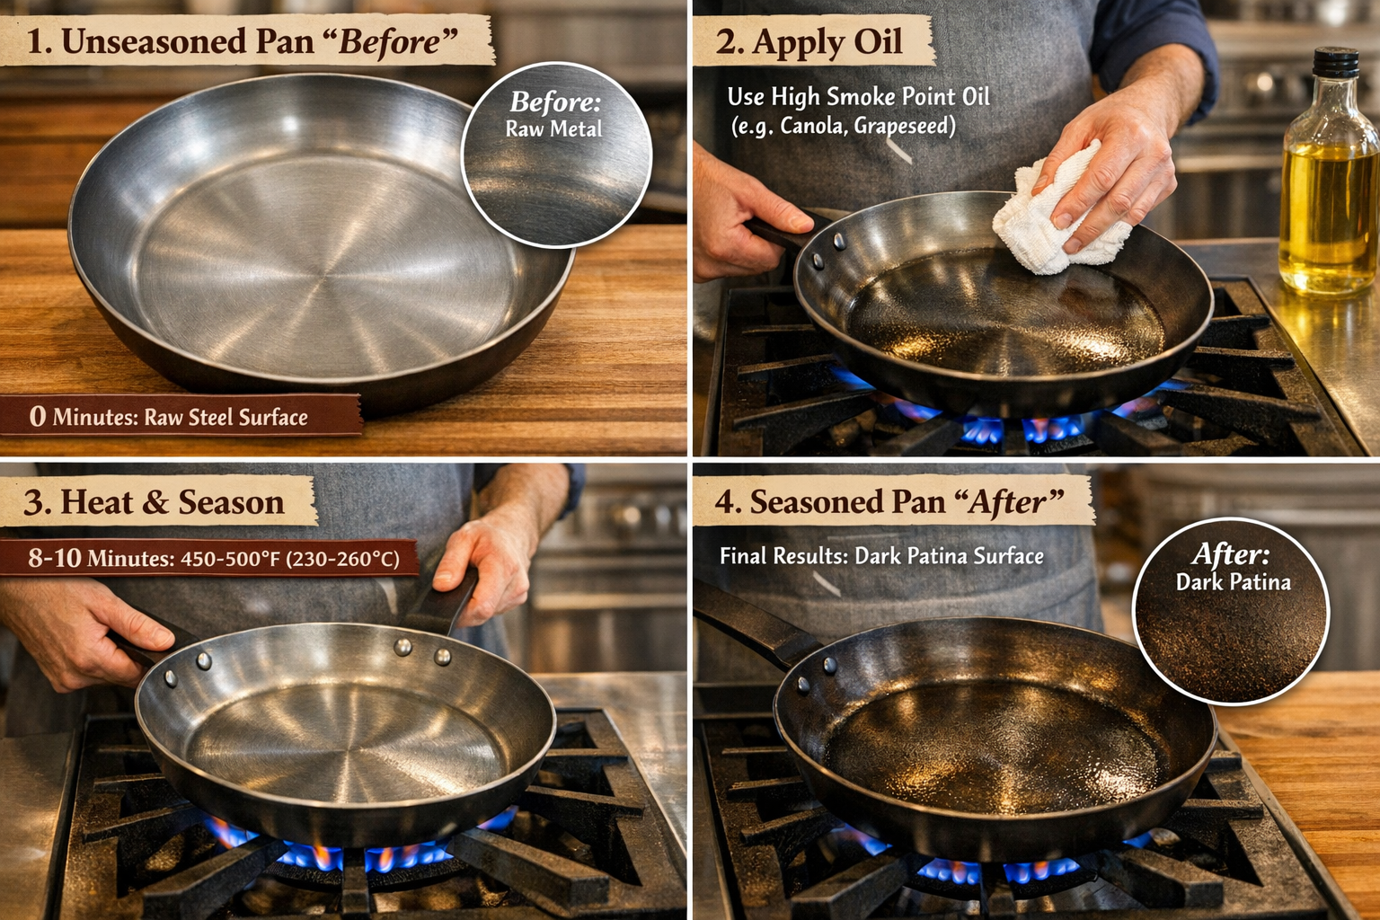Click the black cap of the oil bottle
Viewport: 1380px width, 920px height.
(1335, 64)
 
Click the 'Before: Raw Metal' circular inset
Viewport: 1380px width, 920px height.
(555, 155)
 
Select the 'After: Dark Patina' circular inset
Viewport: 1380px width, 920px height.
(1231, 611)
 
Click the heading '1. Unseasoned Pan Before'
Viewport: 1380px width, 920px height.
(243, 42)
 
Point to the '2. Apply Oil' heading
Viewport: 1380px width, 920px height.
(809, 42)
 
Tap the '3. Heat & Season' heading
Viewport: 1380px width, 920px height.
(155, 502)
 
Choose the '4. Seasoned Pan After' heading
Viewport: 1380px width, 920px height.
(889, 502)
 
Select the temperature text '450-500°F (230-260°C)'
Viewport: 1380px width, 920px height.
(289, 559)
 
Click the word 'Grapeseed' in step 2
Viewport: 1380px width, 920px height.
(904, 126)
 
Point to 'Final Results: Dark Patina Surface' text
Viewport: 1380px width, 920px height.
(881, 556)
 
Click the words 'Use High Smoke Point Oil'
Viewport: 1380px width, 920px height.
(858, 97)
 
